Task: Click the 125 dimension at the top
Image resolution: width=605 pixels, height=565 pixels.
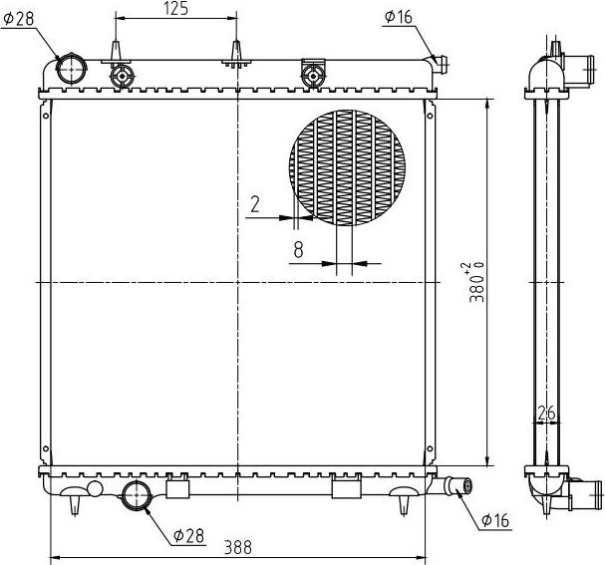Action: coord(176,9)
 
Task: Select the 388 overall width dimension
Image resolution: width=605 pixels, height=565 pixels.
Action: coord(238,547)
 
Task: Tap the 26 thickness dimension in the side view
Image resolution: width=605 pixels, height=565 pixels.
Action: coord(545,412)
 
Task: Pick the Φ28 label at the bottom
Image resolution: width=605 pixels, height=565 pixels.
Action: coord(187,535)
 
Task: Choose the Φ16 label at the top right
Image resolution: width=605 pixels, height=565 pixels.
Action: coord(398,16)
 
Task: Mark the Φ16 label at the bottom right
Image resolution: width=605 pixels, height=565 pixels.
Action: coord(495,521)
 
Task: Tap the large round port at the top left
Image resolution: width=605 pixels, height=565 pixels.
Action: coord(72,69)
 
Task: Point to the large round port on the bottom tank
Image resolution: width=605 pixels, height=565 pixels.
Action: coord(135,493)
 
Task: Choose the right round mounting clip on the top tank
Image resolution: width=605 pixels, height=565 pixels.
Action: coord(313,75)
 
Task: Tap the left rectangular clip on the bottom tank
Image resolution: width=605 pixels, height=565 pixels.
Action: coord(177,487)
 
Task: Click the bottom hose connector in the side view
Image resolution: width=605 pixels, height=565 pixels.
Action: coord(585,493)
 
